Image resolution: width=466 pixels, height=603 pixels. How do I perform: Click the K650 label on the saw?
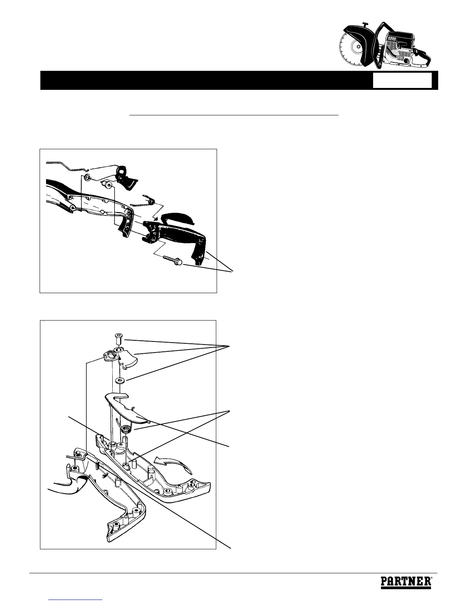(392, 40)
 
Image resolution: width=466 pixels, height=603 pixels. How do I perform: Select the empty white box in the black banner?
(402, 81)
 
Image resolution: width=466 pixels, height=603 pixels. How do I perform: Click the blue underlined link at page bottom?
(76, 600)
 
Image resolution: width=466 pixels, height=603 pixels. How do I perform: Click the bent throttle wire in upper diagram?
(67, 166)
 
